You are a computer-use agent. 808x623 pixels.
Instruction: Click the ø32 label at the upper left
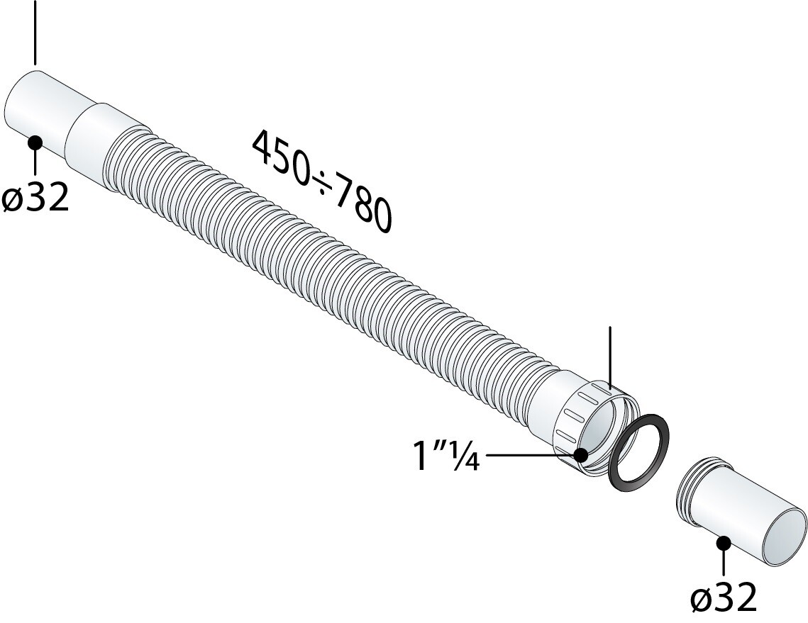pyautogui.click(x=35, y=199)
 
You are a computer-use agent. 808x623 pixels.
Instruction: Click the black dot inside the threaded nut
pyautogui.click(x=582, y=455)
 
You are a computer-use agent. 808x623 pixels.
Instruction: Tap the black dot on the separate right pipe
pyautogui.click(x=724, y=544)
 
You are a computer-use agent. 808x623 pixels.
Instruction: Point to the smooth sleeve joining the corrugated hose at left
pyautogui.click(x=92, y=142)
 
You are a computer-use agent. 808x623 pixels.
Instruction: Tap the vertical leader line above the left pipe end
pyautogui.click(x=35, y=32)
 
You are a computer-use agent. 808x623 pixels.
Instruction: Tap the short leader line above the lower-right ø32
pyautogui.click(x=724, y=563)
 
